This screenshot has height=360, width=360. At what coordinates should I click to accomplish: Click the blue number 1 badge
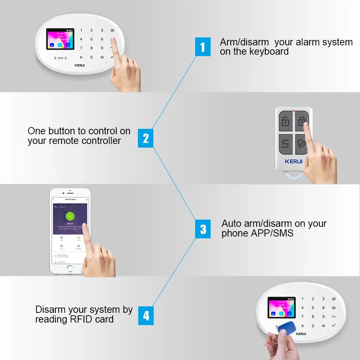point(203,47)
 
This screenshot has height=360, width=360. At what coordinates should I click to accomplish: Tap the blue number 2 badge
point(145,138)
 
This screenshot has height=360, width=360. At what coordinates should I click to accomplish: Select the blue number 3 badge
point(203,229)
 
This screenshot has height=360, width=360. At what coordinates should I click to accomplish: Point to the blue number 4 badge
point(146,315)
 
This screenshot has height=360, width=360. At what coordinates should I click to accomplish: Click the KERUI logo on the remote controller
point(294,161)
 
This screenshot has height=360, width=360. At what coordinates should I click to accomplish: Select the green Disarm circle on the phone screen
point(70,216)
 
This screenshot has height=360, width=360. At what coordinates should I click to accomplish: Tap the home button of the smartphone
point(70,268)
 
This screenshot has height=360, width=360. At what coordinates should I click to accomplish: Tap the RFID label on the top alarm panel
point(60,58)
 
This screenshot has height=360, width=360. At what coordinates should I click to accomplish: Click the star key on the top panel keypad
point(81,57)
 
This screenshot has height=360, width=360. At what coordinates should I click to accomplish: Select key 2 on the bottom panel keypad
point(313,299)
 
